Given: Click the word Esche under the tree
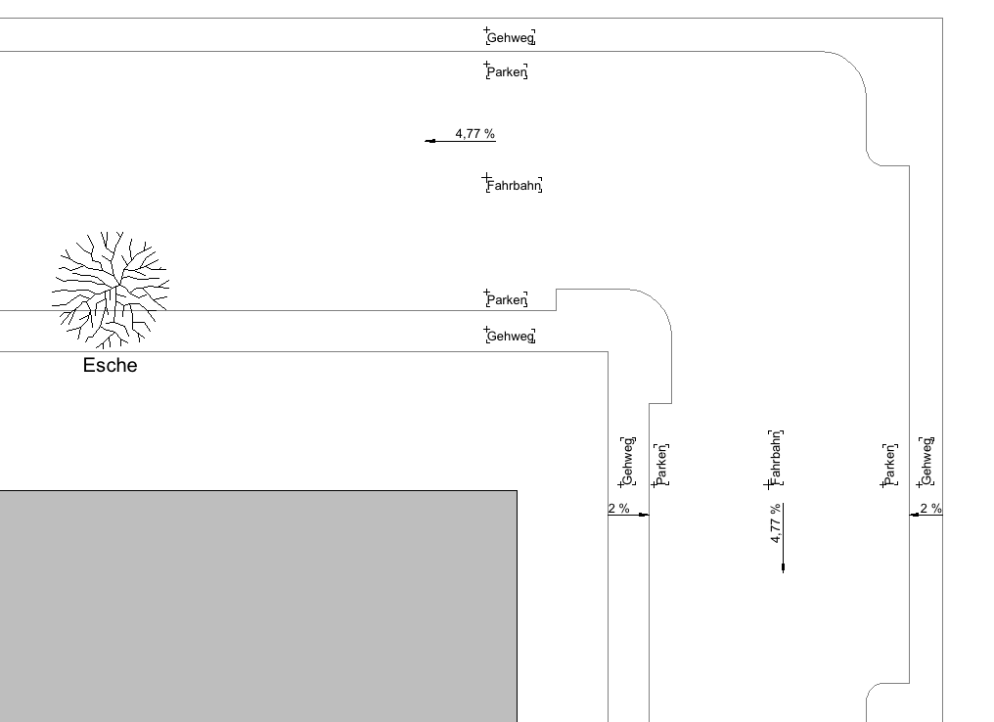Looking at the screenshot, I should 110,367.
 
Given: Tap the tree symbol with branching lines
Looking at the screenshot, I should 110,290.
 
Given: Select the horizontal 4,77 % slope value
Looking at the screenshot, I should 474,133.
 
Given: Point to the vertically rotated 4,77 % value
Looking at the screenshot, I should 776,523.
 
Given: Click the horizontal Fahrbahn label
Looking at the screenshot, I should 514,186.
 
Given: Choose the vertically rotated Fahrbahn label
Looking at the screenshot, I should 776,458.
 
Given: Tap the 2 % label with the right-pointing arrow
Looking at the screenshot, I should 618,508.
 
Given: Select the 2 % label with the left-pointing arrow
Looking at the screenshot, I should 930,508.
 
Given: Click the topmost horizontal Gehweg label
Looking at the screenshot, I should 510,39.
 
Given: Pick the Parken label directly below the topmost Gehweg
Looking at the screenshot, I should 507,72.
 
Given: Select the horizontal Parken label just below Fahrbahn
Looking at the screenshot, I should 507,300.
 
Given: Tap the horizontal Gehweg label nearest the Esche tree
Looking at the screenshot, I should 510,337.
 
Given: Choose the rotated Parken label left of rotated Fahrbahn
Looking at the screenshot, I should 661,465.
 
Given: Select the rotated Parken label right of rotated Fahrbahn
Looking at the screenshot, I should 890,465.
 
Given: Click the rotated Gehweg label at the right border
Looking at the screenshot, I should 926,461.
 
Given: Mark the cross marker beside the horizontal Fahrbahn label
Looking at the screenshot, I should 486,178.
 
